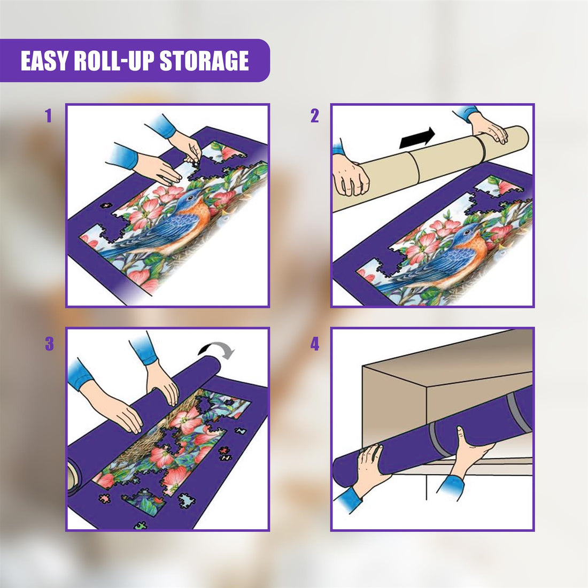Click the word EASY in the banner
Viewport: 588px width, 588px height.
(44, 61)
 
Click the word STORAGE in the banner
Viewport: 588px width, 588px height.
(205, 61)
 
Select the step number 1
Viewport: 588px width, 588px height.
(49, 116)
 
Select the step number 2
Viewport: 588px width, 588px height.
(314, 116)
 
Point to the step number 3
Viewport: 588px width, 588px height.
(49, 344)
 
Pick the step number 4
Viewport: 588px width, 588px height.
(314, 344)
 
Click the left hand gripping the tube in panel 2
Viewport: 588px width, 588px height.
(350, 176)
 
